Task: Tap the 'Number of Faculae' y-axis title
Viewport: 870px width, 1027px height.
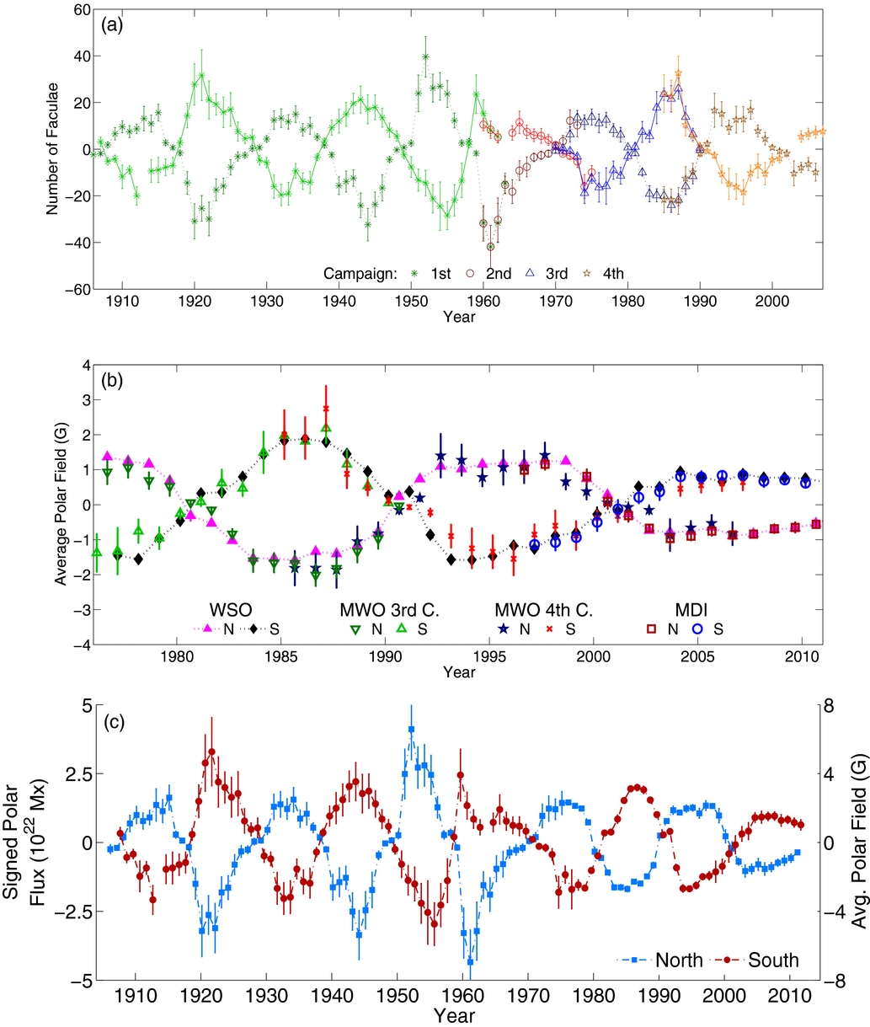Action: tap(54, 149)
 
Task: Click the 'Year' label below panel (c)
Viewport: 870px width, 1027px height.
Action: tap(460, 1015)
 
